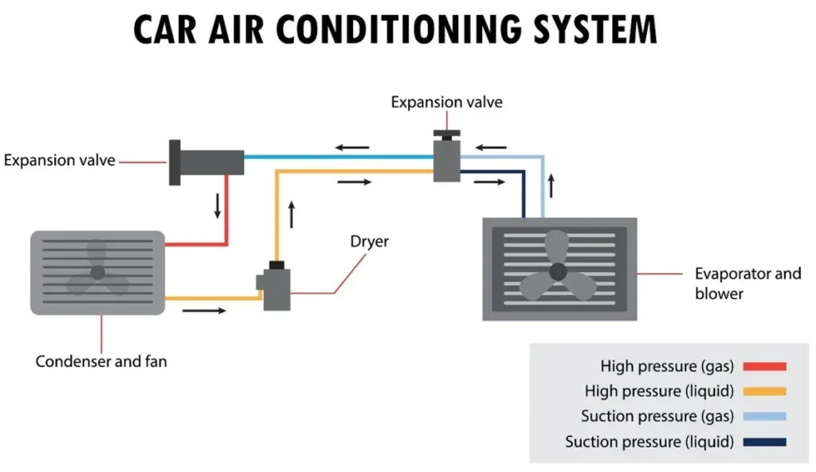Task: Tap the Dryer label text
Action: coord(369,241)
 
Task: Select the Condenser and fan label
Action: coord(101,361)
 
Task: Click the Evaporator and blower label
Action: coord(747,283)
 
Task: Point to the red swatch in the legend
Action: coord(764,366)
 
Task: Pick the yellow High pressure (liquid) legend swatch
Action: coord(764,391)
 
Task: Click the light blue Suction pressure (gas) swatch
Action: coord(764,416)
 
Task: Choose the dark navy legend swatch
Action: coord(764,442)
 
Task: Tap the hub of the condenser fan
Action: coord(97,273)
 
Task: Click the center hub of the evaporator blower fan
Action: coord(558,271)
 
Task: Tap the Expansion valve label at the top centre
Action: coord(446,102)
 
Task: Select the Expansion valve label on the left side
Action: coord(60,160)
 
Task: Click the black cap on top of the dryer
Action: coord(277,265)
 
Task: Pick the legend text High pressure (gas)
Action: coord(667,366)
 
